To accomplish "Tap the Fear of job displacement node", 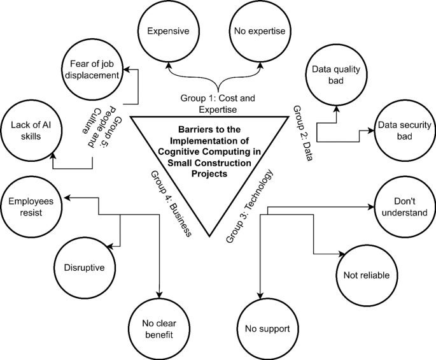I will click(91, 70).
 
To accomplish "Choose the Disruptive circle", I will click(83, 268).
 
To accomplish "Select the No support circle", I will click(267, 329).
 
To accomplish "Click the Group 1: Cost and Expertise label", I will click(217, 104).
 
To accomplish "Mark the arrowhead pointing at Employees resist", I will click(67, 198).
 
